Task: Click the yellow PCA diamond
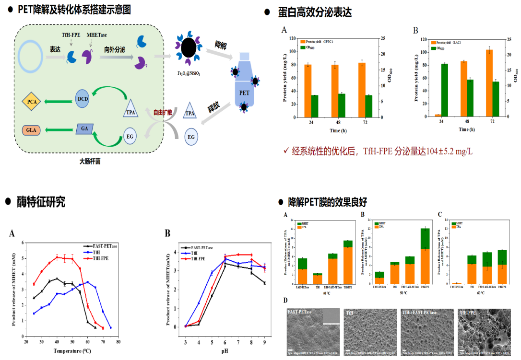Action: (32, 101)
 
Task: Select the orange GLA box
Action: (32, 130)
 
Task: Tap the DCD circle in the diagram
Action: (82, 98)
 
